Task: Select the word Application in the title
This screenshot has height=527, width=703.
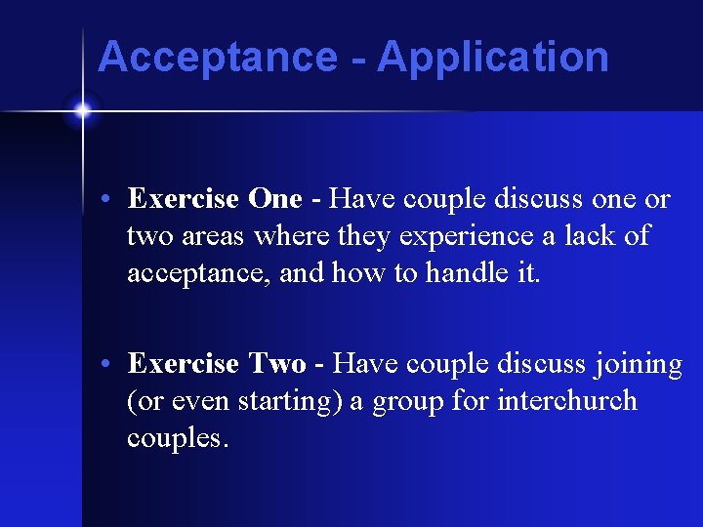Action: tap(493, 58)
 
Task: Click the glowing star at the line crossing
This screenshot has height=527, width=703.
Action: tap(82, 111)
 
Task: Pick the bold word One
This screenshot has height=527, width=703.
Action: tap(275, 199)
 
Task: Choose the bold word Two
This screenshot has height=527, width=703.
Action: tap(277, 364)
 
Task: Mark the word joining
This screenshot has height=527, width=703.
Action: tap(637, 365)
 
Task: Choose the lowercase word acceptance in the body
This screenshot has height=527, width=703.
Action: tap(198, 274)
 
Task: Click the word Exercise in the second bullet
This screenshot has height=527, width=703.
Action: tap(184, 364)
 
